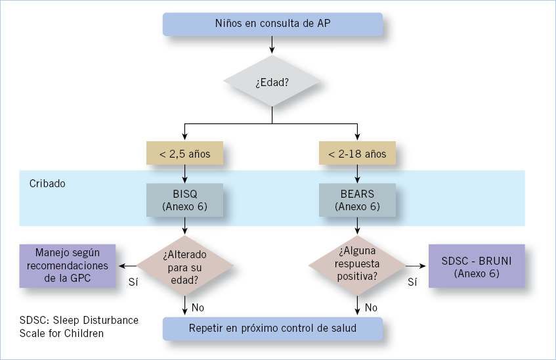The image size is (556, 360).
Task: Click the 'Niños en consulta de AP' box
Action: point(272,24)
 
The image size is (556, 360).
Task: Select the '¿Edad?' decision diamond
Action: point(272,81)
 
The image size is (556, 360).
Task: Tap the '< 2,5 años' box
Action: point(184,153)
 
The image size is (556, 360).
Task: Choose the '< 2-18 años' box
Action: point(357,153)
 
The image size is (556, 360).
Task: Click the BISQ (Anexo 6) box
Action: point(184,200)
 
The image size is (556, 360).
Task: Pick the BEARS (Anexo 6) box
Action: point(357,200)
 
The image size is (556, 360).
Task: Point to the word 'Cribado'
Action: point(47,183)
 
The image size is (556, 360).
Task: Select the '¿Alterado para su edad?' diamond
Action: point(184,265)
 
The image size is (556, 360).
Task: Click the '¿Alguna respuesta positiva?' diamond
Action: point(357,265)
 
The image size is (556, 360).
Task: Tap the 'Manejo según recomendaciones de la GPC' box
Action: point(68,265)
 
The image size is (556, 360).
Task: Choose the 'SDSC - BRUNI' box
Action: point(477,265)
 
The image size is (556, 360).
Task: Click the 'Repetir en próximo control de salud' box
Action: point(272,328)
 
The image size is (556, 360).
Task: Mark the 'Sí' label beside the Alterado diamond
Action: point(133,282)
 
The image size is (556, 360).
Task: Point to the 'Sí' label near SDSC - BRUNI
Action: point(412,282)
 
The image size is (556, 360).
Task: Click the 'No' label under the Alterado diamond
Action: point(198,307)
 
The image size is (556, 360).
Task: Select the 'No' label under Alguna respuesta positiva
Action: point(371,307)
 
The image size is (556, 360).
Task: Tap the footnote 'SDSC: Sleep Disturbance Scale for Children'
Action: point(79,326)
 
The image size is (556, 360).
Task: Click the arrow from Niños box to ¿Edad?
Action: point(272,45)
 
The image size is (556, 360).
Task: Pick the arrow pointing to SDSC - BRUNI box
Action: point(416,265)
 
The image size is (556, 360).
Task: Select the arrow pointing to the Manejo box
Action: point(127,265)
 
